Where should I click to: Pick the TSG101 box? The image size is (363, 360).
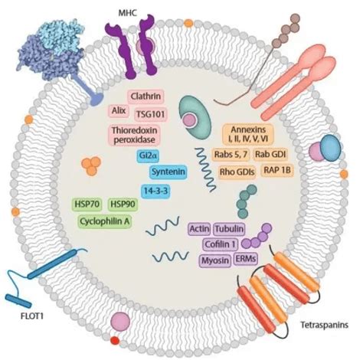tap(152, 114)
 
